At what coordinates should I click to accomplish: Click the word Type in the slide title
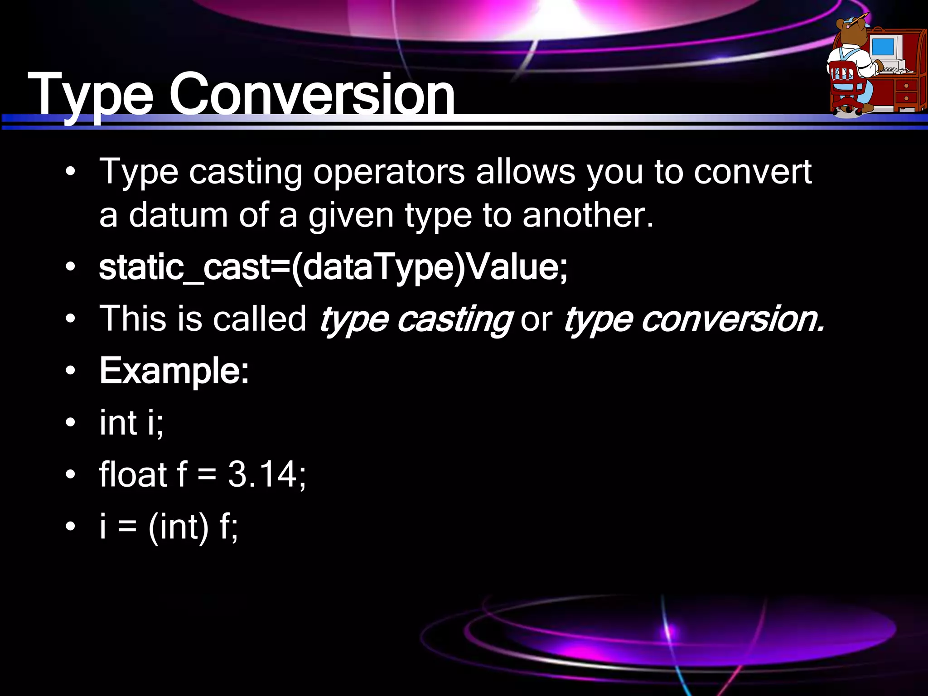[91, 95]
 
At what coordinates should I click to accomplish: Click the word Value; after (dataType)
[517, 267]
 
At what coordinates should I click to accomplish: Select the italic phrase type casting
[416, 319]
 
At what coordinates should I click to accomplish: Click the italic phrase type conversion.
[693, 319]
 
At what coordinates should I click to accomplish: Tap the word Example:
[174, 371]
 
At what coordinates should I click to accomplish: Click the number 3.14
[262, 474]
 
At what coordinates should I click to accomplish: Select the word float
[133, 474]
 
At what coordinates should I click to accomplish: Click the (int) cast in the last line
[179, 527]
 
